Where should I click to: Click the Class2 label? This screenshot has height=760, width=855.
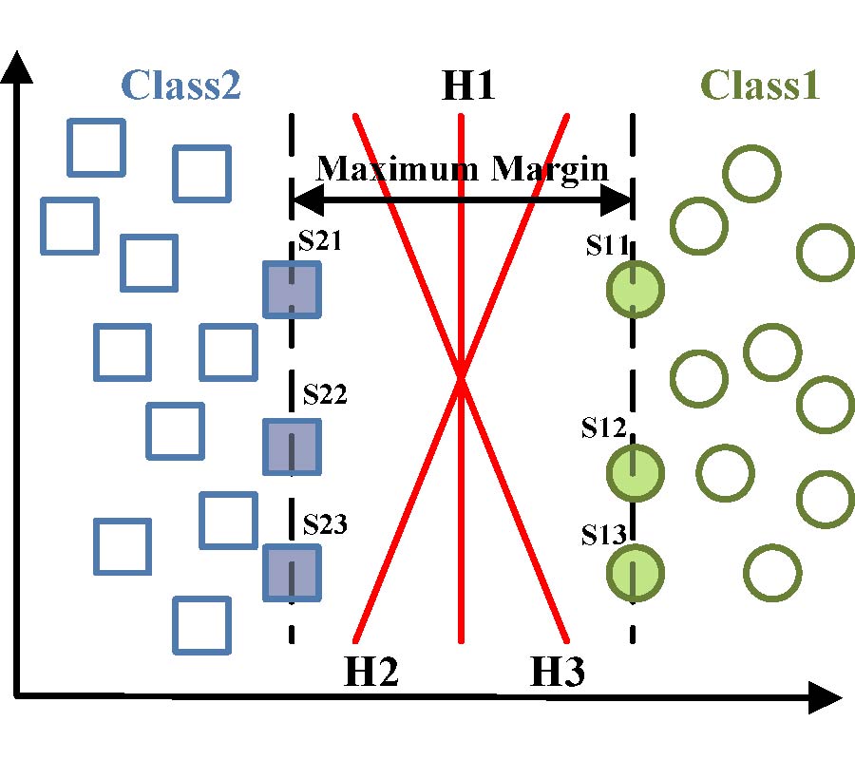pos(180,85)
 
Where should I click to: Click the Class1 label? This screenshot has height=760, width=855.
pos(760,85)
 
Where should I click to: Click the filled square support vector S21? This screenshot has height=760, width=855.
pos(293,289)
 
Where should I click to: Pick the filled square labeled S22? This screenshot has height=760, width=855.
pos(293,446)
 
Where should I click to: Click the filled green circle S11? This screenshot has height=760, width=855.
pos(635,289)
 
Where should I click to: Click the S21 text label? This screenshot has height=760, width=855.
pos(320,243)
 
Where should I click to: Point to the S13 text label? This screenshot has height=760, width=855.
pos(604,534)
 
